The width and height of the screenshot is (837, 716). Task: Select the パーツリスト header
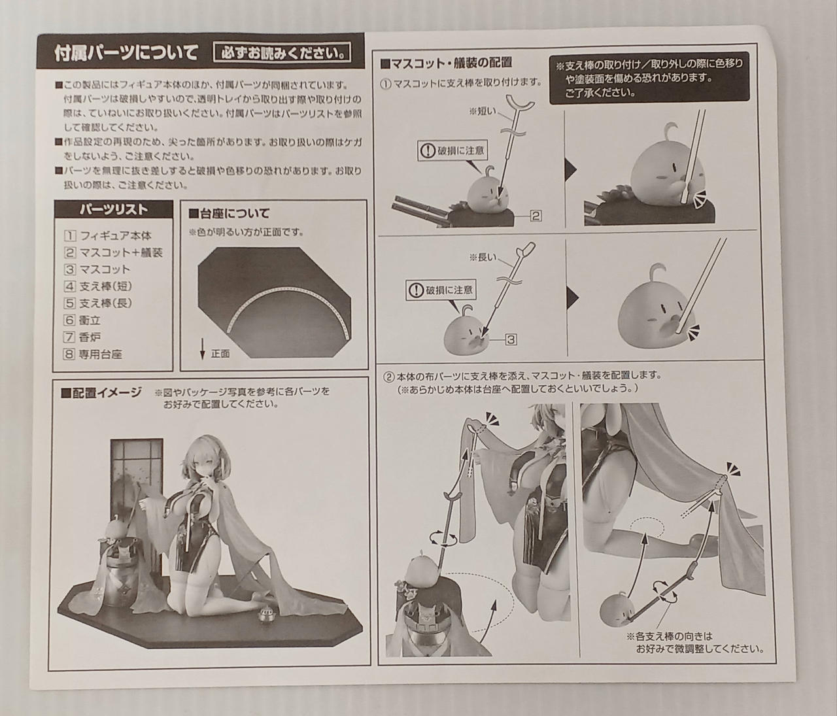113,209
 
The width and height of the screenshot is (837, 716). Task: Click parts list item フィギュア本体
108,235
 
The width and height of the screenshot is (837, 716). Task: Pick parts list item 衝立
82,320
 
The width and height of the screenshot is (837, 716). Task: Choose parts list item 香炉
82,337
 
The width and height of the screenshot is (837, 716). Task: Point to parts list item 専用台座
93,354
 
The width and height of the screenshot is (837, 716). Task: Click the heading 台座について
229,213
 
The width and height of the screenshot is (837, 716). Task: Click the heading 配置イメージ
101,393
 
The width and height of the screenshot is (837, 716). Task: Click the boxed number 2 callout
536,216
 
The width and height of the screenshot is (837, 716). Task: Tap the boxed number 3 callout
511,339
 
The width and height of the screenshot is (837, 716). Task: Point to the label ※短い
482,111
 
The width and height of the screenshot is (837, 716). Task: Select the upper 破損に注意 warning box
452,151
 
